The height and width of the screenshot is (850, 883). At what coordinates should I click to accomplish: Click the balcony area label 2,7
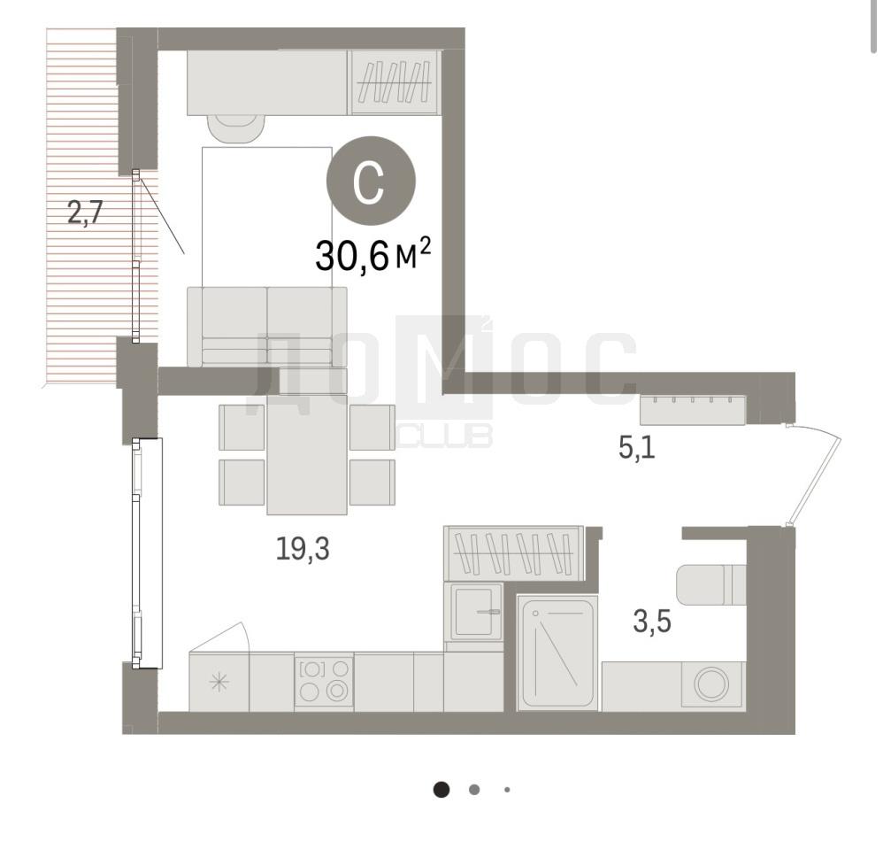(x=85, y=213)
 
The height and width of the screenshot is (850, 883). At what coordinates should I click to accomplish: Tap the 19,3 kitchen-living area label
(x=303, y=548)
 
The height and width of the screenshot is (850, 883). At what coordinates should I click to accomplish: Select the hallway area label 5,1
(x=637, y=448)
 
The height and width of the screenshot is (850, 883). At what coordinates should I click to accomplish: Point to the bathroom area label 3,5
(x=652, y=622)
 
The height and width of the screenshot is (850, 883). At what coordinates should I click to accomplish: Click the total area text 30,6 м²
(x=372, y=255)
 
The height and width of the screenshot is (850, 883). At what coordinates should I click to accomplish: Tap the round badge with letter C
(x=371, y=181)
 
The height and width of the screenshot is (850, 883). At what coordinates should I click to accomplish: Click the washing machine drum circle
(x=711, y=684)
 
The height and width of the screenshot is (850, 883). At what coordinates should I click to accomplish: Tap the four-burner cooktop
(x=324, y=682)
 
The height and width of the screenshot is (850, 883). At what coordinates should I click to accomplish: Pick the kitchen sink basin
(x=476, y=612)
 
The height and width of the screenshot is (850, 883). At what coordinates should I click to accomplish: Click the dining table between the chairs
(x=307, y=454)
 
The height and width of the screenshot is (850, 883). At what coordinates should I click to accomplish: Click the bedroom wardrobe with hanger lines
(x=395, y=82)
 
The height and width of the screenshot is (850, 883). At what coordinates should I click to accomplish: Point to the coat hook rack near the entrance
(x=693, y=410)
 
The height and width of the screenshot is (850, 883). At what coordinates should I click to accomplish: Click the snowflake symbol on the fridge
(x=219, y=683)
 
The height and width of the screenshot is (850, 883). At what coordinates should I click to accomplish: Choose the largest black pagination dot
(x=441, y=790)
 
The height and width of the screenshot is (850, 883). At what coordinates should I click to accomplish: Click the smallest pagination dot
(x=507, y=790)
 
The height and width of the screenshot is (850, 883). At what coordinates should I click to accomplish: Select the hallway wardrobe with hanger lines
(x=513, y=553)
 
